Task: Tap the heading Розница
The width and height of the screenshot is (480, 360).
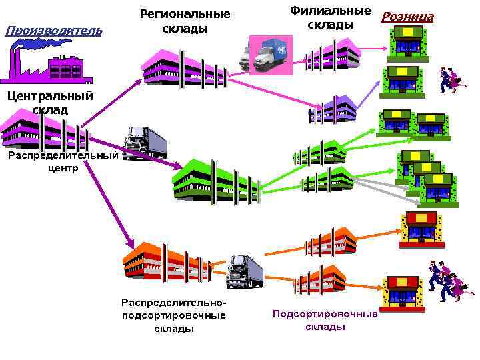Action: pos(407,17)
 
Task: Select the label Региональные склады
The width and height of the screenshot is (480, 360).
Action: pos(185,21)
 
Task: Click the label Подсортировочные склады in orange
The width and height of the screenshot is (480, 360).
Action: pos(325,320)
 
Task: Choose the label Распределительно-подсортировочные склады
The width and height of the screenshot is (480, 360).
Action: pos(173,315)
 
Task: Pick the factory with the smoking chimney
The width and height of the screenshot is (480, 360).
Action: pos(47,63)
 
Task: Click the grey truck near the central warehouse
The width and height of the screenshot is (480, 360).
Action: pos(145,142)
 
